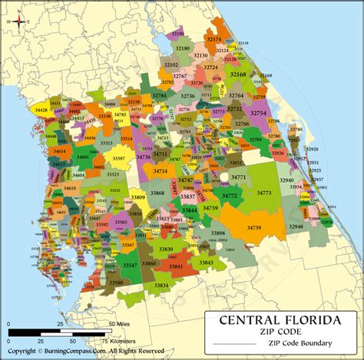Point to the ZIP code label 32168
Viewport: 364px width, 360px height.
click(x=237, y=74)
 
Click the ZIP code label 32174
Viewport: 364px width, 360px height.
click(x=214, y=38)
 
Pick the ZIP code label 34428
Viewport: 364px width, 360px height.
click(x=41, y=111)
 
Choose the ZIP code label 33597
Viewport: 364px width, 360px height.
click(x=119, y=158)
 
